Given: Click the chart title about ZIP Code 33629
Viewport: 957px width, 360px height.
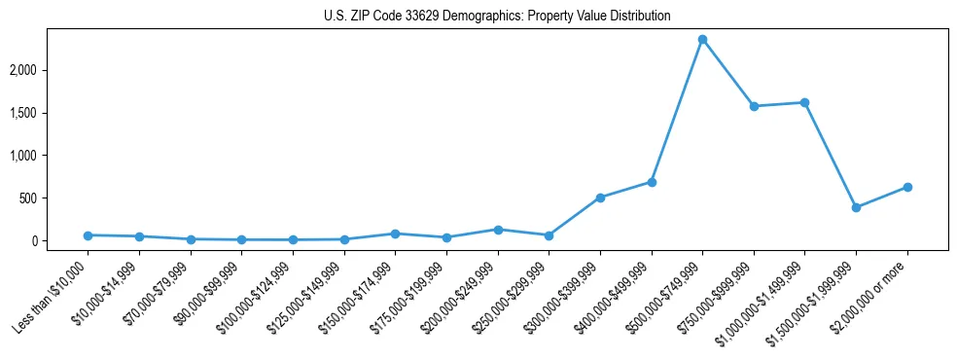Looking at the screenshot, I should pos(497,17).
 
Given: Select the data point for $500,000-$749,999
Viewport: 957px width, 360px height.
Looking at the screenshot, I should pos(702,40).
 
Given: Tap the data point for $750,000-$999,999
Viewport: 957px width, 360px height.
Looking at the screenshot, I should pos(754,106).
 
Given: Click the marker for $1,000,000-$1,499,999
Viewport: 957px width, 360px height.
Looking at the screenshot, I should pos(804,102).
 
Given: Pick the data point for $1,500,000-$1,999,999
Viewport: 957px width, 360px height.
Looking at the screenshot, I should pos(856,207).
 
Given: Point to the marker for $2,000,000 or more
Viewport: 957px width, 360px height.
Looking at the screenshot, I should pos(907,187).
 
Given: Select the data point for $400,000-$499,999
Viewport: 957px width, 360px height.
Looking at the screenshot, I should pos(652,182).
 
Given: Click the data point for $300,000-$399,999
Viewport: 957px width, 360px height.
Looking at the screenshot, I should pos(600,198).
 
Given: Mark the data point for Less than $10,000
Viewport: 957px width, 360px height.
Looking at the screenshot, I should pos(88,235).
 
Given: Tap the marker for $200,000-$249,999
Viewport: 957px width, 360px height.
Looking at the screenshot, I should pos(498,230).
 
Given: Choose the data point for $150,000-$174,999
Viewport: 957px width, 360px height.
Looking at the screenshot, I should pos(395,234).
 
